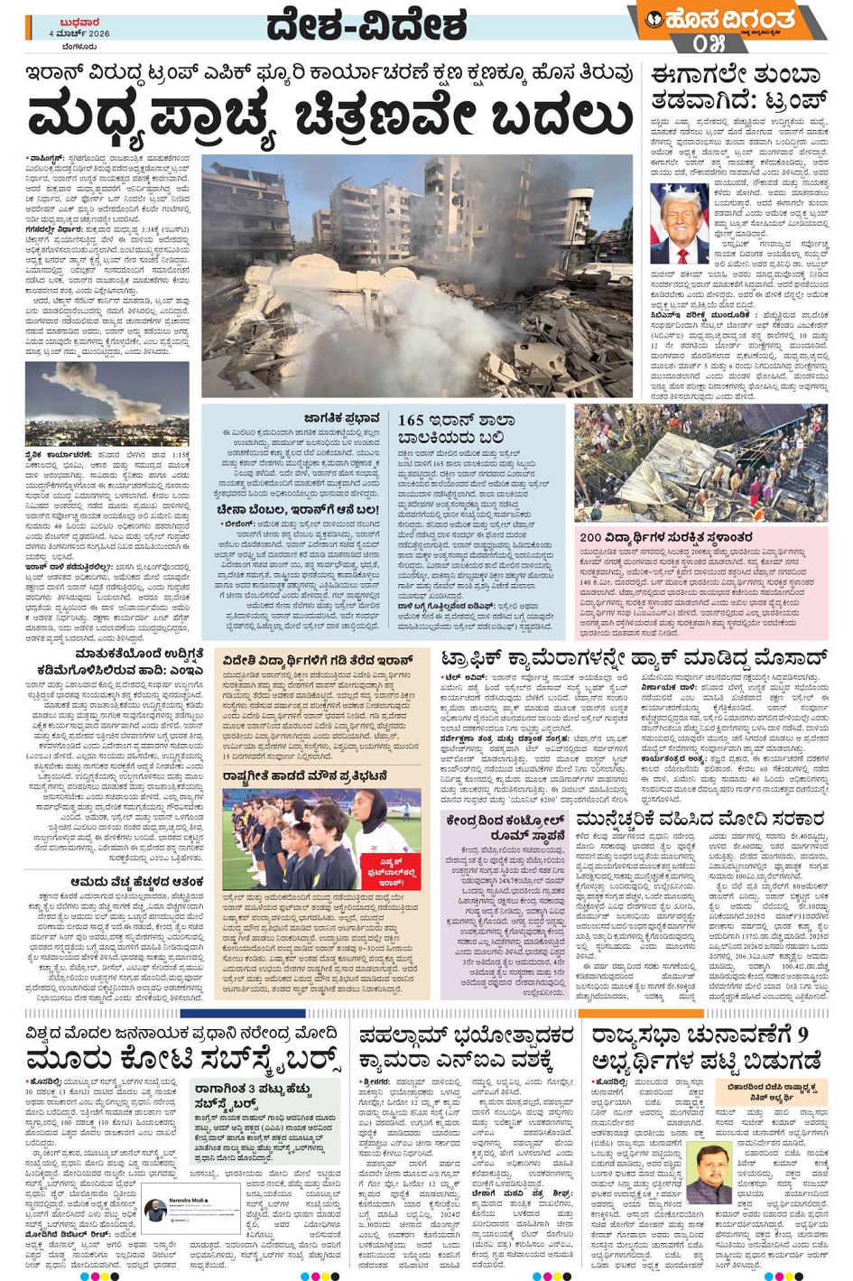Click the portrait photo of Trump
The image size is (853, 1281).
(679, 222)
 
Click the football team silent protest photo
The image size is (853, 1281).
(321, 839)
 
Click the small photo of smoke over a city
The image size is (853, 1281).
(107, 403)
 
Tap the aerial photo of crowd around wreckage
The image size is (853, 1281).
(700, 462)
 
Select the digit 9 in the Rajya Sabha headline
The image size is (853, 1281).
(802, 1034)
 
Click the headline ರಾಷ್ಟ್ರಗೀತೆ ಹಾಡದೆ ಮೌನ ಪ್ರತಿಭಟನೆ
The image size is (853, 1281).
(305, 775)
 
